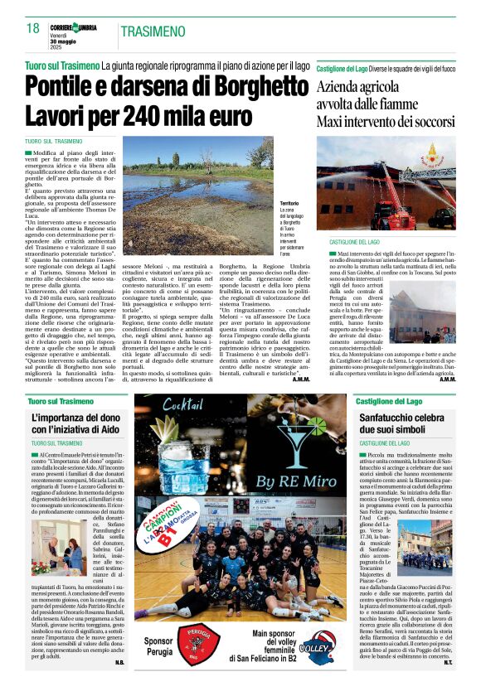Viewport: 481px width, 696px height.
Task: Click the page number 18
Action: click(x=32, y=29)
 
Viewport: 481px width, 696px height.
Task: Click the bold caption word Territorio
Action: click(x=289, y=202)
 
